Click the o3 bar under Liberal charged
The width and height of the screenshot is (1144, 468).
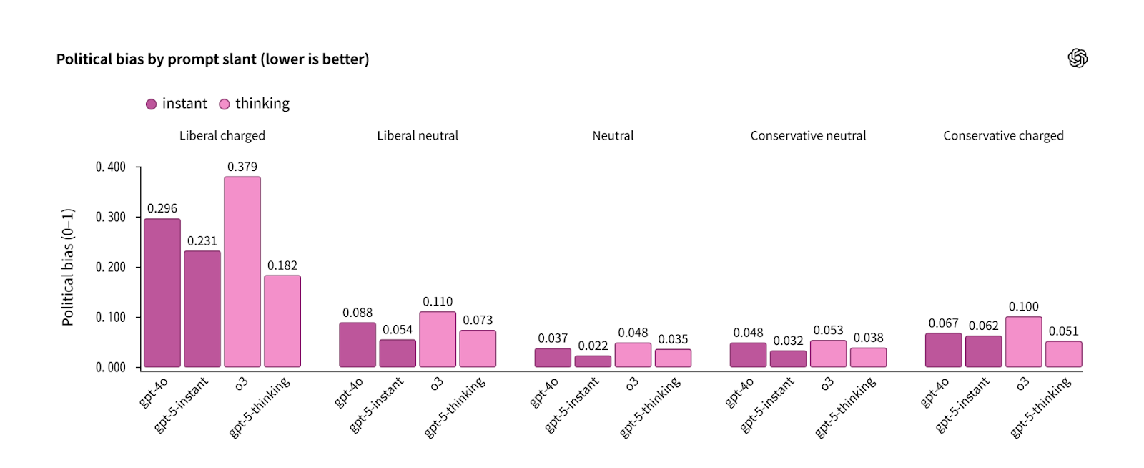click(x=242, y=272)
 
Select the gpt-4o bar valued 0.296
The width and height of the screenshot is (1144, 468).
click(x=162, y=293)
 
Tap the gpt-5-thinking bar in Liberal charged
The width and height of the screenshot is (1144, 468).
click(x=282, y=321)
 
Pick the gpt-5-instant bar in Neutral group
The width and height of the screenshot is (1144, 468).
click(x=593, y=361)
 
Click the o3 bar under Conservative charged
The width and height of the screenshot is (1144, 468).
click(x=1023, y=342)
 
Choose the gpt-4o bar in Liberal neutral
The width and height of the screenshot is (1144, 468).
click(x=357, y=345)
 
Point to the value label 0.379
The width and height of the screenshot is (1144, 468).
click(x=242, y=167)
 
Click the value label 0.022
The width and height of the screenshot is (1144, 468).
click(x=593, y=346)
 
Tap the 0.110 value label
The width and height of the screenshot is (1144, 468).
click(x=438, y=302)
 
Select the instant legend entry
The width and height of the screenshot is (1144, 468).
click(x=177, y=104)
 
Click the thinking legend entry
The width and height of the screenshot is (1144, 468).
click(x=255, y=104)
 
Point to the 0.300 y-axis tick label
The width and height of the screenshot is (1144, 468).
click(x=111, y=217)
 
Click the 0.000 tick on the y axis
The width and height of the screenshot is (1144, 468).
click(x=111, y=367)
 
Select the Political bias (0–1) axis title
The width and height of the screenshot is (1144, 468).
click(x=68, y=267)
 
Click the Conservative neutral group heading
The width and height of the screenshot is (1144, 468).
click(x=808, y=135)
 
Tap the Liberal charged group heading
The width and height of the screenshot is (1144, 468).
click(x=222, y=135)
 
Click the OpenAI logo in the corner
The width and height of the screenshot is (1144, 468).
click(x=1078, y=58)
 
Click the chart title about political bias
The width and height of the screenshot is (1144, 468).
click(x=212, y=59)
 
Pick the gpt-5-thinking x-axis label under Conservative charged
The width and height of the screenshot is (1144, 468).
click(x=1041, y=406)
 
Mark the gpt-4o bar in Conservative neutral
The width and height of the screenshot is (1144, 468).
click(x=748, y=355)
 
